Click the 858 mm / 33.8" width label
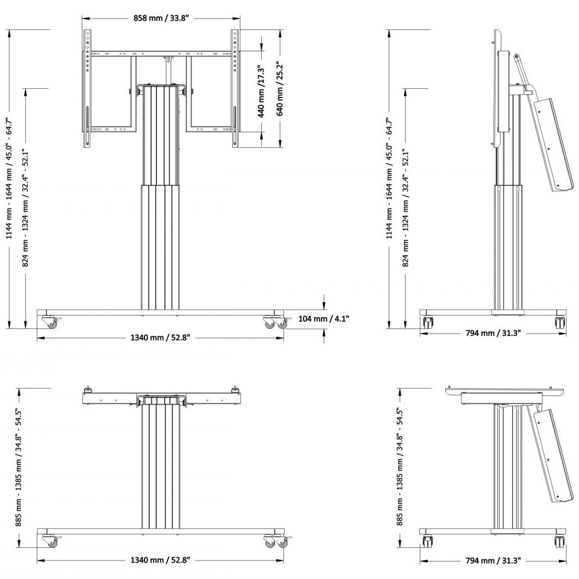(161, 18)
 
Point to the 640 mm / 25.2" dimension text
(280, 91)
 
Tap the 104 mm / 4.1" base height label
(324, 318)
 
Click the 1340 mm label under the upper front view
(160, 337)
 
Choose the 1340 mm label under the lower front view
(160, 559)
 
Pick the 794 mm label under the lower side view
(494, 560)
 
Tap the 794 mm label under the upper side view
(494, 333)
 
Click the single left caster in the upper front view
(52, 323)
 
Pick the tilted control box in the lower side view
(551, 456)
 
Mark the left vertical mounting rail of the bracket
(87, 88)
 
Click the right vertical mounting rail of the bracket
(235, 88)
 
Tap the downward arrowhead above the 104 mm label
(324, 305)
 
